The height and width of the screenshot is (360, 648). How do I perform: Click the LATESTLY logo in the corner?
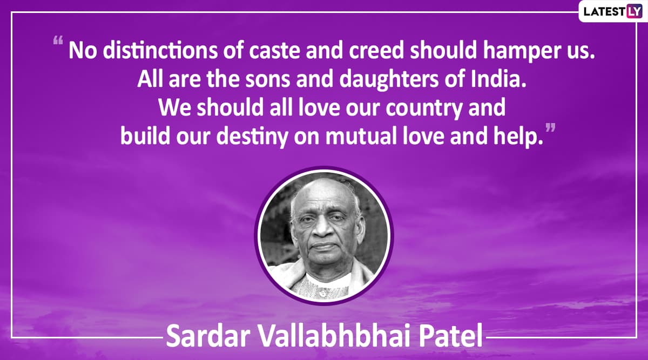(x=613, y=11)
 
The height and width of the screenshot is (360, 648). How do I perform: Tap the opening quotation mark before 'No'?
(x=58, y=40)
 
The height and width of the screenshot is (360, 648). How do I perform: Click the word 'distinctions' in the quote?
(x=160, y=51)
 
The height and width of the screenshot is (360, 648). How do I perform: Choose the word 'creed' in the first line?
(x=376, y=51)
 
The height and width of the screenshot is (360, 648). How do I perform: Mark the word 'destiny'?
(x=252, y=137)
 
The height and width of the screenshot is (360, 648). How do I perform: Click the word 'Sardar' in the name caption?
(x=208, y=336)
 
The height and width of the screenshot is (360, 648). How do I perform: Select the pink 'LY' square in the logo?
(x=634, y=11)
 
